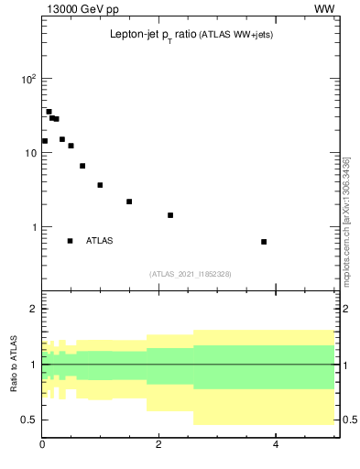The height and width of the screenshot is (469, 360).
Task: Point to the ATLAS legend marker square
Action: pyautogui.click(x=70, y=241)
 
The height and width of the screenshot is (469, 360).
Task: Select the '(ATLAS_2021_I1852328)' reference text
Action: pyautogui.click(x=191, y=274)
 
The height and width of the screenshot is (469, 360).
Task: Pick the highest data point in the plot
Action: pyautogui.click(x=49, y=112)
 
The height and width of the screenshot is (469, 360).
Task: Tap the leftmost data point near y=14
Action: pyautogui.click(x=44, y=141)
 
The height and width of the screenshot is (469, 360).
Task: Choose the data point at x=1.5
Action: pyautogui.click(x=129, y=202)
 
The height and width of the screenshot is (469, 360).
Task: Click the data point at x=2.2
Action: pyautogui.click(x=170, y=215)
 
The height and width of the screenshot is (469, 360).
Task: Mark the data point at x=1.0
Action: pyautogui.click(x=100, y=185)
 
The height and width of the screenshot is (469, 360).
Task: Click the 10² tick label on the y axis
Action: pyautogui.click(x=28, y=80)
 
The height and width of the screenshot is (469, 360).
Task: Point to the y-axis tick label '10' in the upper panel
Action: pyautogui.click(x=29, y=154)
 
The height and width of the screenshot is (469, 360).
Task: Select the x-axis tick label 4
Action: pyautogui.click(x=276, y=446)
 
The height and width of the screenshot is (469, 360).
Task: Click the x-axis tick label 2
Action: pyautogui.click(x=158, y=446)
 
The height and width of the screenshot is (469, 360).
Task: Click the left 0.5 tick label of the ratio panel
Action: pyautogui.click(x=28, y=420)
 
